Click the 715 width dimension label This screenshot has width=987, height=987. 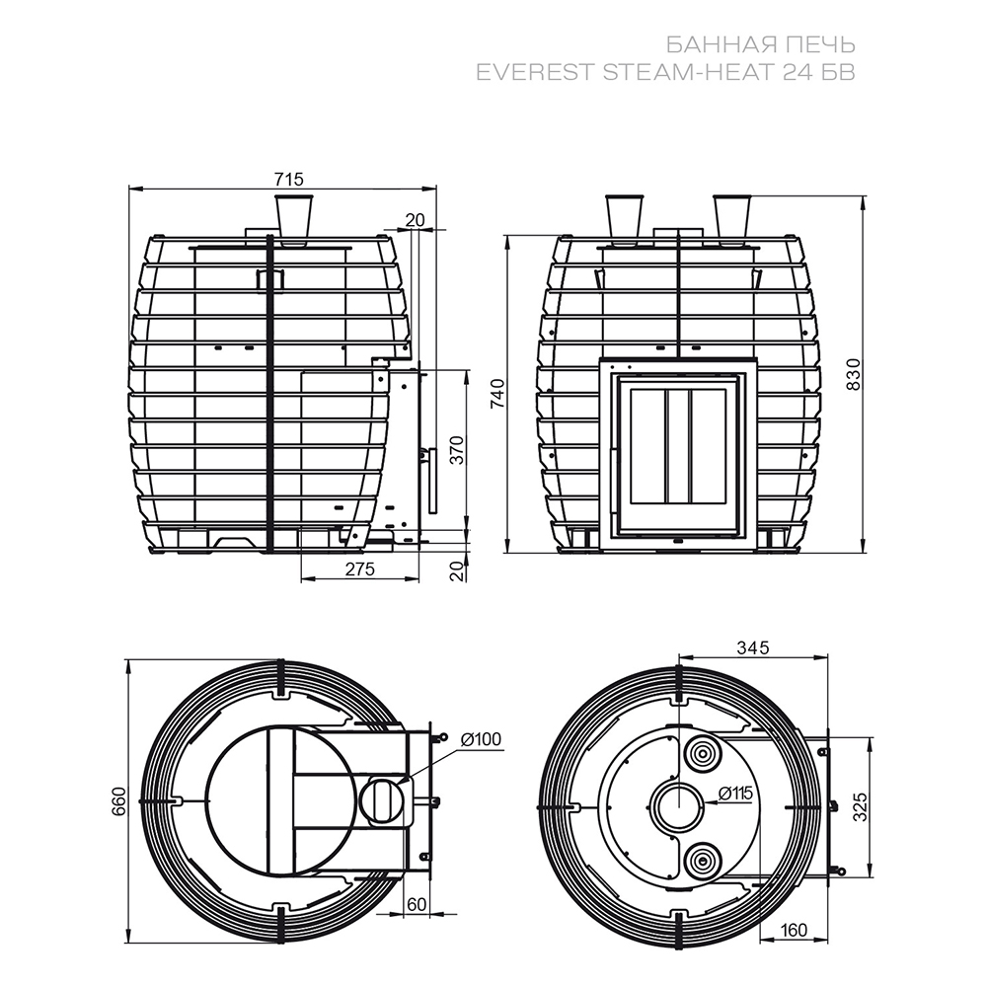(x=289, y=180)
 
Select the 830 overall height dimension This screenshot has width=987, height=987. (x=853, y=374)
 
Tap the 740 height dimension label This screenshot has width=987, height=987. (x=497, y=394)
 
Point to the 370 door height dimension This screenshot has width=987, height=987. (x=458, y=449)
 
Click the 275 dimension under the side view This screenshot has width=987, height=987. (x=360, y=569)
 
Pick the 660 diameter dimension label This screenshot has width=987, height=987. (x=119, y=801)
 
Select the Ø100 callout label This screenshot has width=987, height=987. (x=481, y=739)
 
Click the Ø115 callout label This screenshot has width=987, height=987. (x=734, y=794)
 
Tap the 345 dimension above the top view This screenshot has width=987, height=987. (x=753, y=647)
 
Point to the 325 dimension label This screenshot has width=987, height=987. (x=860, y=807)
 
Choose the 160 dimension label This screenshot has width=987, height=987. (x=793, y=931)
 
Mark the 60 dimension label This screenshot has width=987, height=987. (x=417, y=904)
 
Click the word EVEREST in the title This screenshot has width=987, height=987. (x=535, y=72)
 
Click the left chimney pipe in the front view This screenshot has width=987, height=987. (x=624, y=220)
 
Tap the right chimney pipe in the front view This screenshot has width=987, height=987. (x=731, y=220)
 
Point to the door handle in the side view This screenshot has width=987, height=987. (x=432, y=480)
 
